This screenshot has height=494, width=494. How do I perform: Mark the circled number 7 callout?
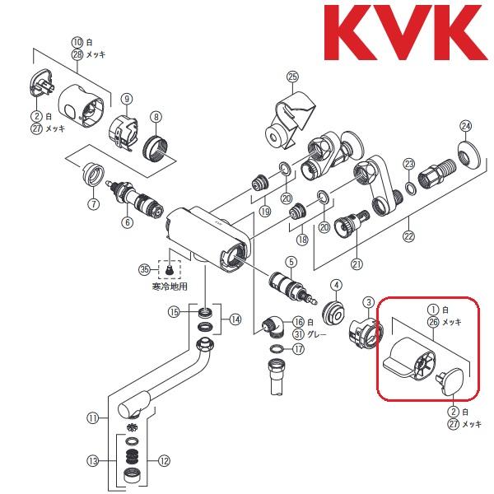point(94,203)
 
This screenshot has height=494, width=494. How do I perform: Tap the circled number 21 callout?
point(357,263)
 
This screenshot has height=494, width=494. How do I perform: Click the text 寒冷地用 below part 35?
point(170,288)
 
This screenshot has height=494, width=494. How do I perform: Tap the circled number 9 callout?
point(127,98)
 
